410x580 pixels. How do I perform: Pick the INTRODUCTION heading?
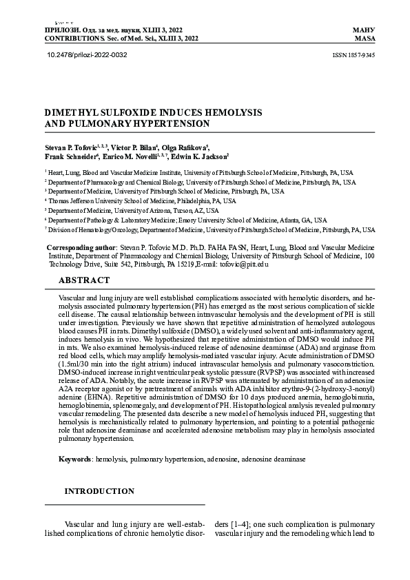(99, 491)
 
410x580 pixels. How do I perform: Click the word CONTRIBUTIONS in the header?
(68, 39)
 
